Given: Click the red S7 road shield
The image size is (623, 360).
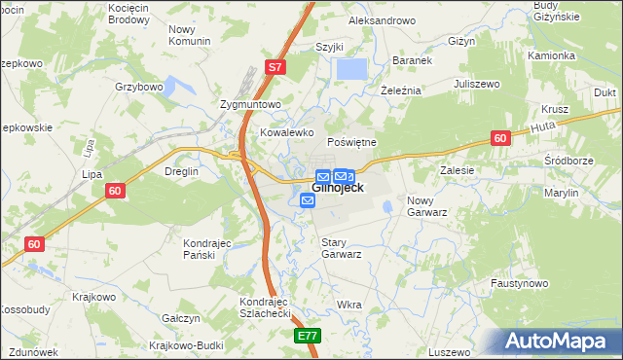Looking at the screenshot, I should (x=276, y=67).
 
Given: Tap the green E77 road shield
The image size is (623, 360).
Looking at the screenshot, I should (x=308, y=336).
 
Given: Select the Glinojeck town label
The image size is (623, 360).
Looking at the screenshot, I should (x=338, y=188).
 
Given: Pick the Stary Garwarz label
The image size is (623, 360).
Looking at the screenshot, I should (x=342, y=247).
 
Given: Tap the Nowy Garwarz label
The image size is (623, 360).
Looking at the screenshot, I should (x=426, y=205).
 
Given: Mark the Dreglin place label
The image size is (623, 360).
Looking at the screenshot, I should (x=182, y=171).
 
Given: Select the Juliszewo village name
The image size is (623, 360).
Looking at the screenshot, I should (x=477, y=85).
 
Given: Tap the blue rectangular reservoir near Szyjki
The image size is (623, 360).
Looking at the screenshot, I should (x=351, y=69).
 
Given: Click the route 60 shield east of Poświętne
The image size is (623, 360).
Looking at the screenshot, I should (x=499, y=139).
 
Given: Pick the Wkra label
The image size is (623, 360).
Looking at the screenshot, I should (x=348, y=305).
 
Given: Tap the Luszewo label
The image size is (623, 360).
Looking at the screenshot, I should (x=449, y=351).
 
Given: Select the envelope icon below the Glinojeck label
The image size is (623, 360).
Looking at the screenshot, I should (x=308, y=200).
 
